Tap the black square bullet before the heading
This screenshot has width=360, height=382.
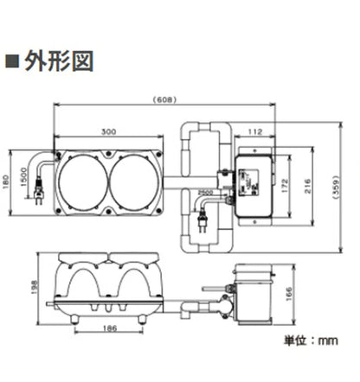pyautogui.click(x=12, y=63)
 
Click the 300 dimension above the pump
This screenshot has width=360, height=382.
pyautogui.click(x=109, y=132)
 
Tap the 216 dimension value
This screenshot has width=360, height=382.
pyautogui.click(x=309, y=184)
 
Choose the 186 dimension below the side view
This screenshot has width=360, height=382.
pyautogui.click(x=109, y=329)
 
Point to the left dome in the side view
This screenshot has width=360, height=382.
pyautogui.click(x=83, y=281)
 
